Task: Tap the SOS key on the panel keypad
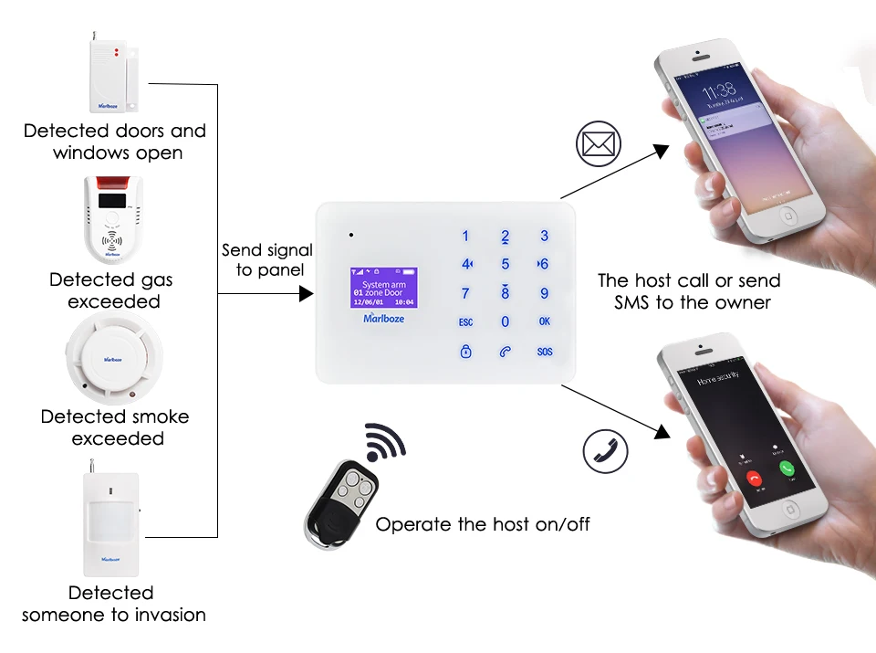(x=545, y=352)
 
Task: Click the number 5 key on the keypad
(x=506, y=265)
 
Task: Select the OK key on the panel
(x=545, y=321)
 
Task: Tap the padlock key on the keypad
(x=466, y=352)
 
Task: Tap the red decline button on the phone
(x=754, y=476)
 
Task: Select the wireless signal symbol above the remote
(x=385, y=443)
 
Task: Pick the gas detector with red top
(x=114, y=218)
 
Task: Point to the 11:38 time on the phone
(x=719, y=90)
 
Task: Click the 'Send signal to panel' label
(x=266, y=260)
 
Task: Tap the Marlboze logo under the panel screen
(x=383, y=319)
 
